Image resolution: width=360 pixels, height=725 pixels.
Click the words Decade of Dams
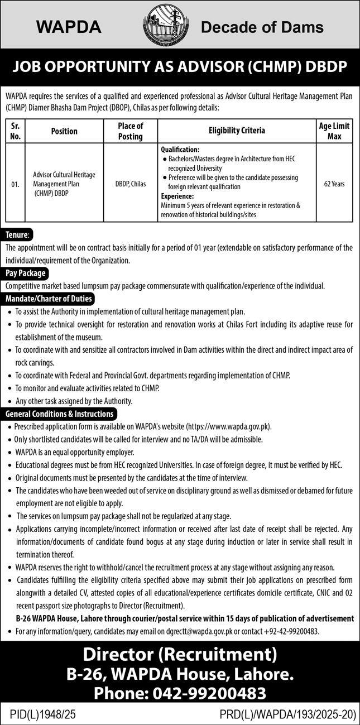[x=262, y=26]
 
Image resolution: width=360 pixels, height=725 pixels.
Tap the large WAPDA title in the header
[x=69, y=26]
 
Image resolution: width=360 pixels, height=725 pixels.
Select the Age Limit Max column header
[x=334, y=131]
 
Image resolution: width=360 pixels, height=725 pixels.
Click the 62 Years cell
[x=334, y=183]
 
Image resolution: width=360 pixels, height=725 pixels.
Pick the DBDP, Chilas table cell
[x=131, y=183]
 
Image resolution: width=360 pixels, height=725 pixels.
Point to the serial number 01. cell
[x=15, y=183]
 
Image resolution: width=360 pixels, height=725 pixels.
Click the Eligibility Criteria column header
[x=237, y=131]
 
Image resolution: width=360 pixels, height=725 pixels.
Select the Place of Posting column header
[x=131, y=131]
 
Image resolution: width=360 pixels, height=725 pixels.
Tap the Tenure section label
[x=18, y=234]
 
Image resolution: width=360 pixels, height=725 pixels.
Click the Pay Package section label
[x=25, y=273]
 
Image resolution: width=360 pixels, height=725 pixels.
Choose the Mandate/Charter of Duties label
[x=49, y=299]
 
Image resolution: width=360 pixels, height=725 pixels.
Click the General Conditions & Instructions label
[x=60, y=414]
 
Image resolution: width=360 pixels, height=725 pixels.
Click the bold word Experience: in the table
[x=177, y=196]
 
